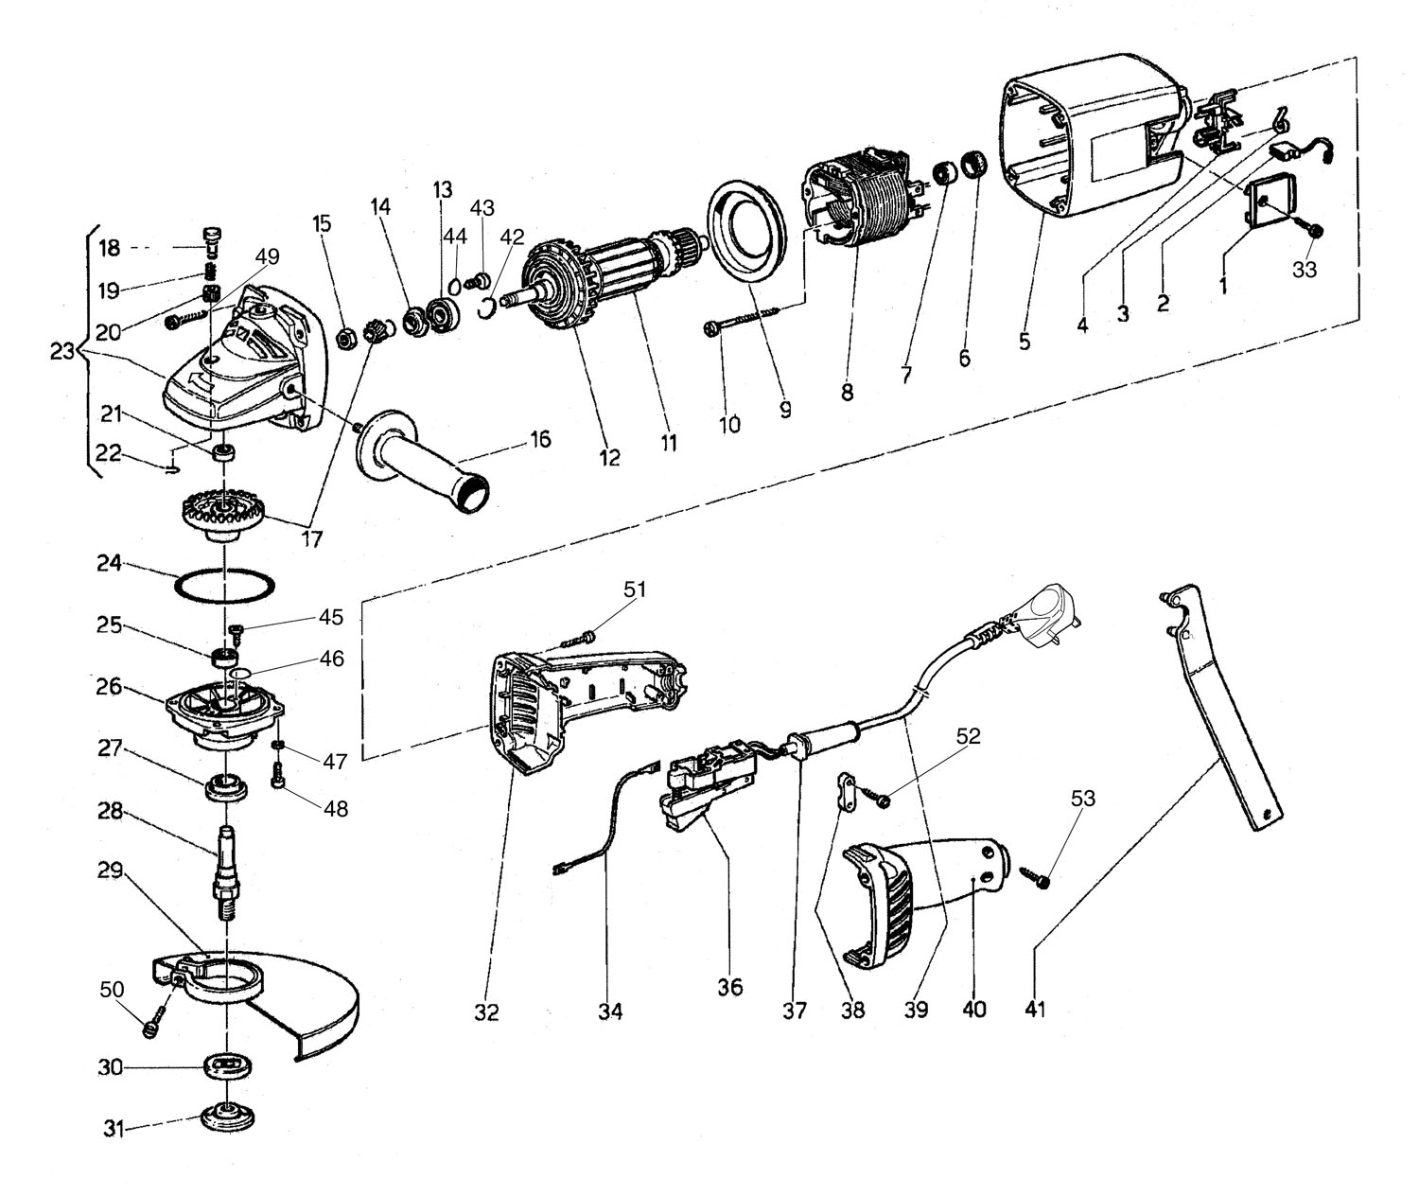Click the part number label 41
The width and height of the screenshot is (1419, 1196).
(1034, 1011)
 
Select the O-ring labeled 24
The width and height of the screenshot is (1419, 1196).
(225, 586)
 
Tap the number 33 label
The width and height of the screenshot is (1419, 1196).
(1305, 270)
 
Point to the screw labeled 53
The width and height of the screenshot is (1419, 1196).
(1034, 876)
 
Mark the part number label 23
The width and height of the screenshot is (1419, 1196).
(62, 352)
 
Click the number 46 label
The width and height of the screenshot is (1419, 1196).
(332, 659)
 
